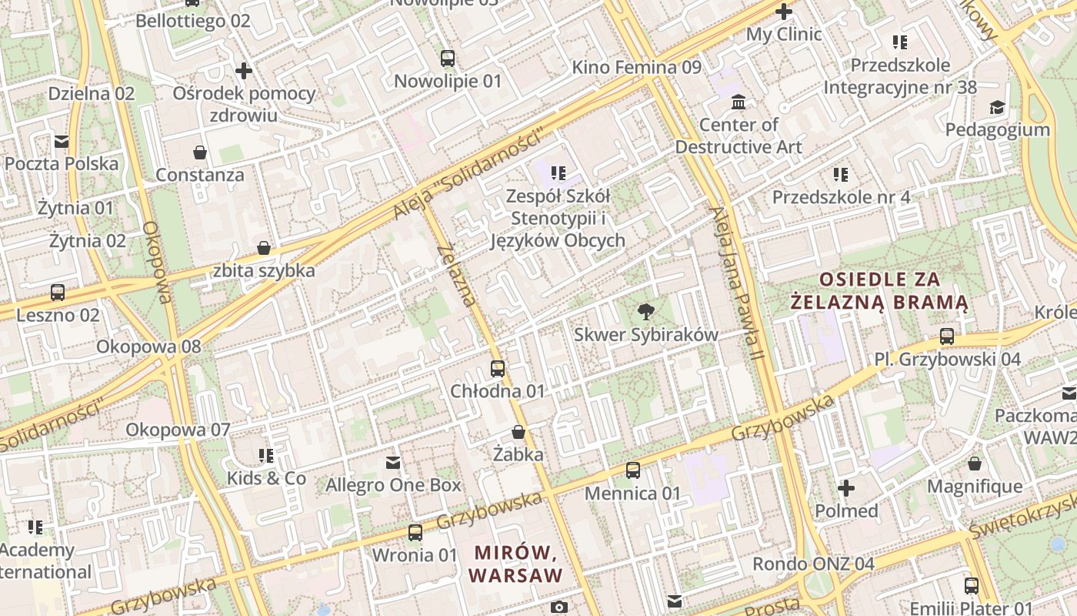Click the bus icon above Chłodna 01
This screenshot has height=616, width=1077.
(x=498, y=369)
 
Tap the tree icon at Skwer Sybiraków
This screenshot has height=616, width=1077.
(x=646, y=312)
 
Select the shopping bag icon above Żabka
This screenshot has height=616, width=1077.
(x=518, y=432)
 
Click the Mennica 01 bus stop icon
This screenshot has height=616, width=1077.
(x=633, y=470)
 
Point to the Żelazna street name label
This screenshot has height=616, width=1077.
(x=457, y=275)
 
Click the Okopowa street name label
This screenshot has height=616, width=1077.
(x=155, y=262)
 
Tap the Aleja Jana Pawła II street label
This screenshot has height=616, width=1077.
(x=735, y=285)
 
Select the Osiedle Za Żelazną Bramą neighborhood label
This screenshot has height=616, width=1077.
(x=879, y=290)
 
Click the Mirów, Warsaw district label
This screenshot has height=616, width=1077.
(x=515, y=564)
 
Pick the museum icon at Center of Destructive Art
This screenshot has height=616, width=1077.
(x=739, y=102)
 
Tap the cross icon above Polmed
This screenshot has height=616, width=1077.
(x=846, y=488)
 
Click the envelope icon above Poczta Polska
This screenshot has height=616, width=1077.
(x=61, y=142)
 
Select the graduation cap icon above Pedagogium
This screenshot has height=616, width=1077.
(x=997, y=107)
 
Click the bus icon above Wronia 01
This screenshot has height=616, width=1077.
(x=415, y=532)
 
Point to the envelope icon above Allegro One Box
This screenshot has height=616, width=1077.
(x=393, y=463)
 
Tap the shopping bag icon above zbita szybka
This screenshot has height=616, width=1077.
(x=264, y=248)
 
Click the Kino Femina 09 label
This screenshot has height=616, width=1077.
(x=636, y=68)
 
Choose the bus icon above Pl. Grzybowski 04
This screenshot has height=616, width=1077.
(x=947, y=336)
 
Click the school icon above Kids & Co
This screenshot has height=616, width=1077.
(x=266, y=456)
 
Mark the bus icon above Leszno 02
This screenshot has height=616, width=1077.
(x=58, y=293)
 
